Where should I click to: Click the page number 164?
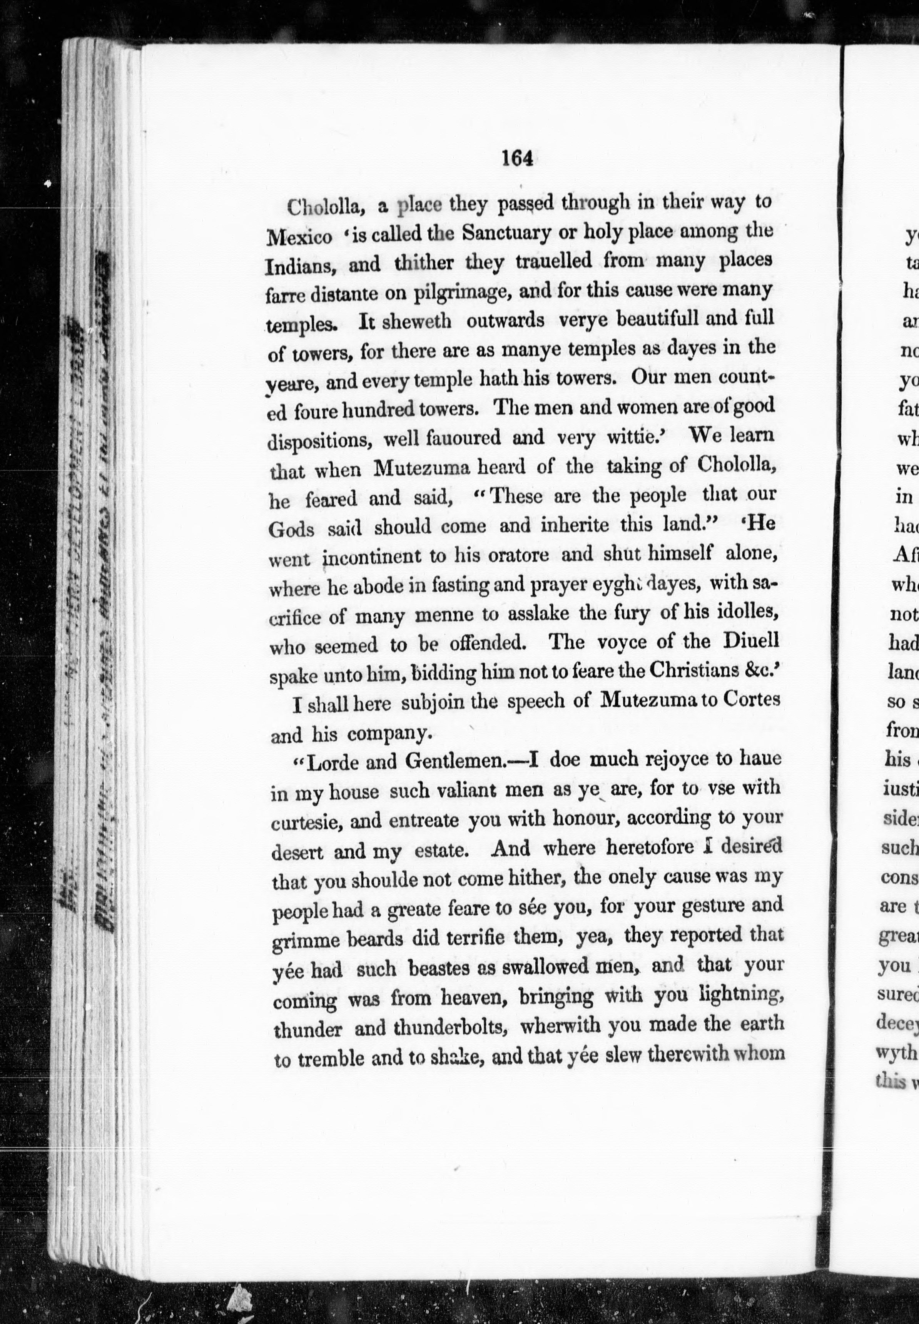click(x=516, y=158)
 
